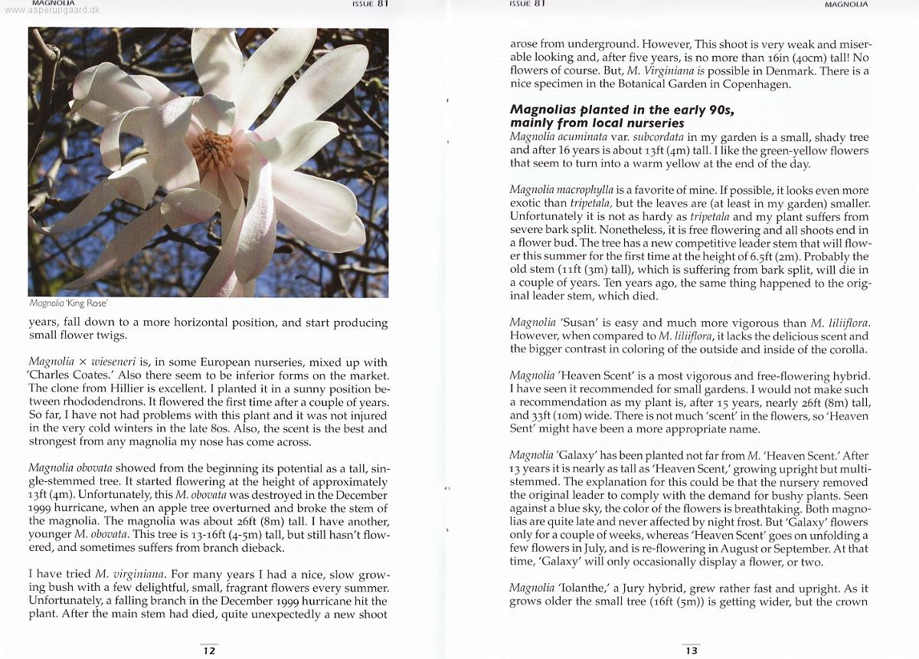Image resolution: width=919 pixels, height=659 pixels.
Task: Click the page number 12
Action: (208, 651)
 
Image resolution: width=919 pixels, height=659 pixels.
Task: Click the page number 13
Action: (692, 651)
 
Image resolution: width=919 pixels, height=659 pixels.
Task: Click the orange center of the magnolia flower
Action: (212, 149)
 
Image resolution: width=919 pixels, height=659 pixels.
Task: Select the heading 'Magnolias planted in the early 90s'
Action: (623, 110)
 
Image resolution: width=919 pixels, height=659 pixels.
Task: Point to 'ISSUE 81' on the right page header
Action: (527, 4)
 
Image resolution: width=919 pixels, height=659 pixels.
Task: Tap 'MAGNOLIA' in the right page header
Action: (846, 4)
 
